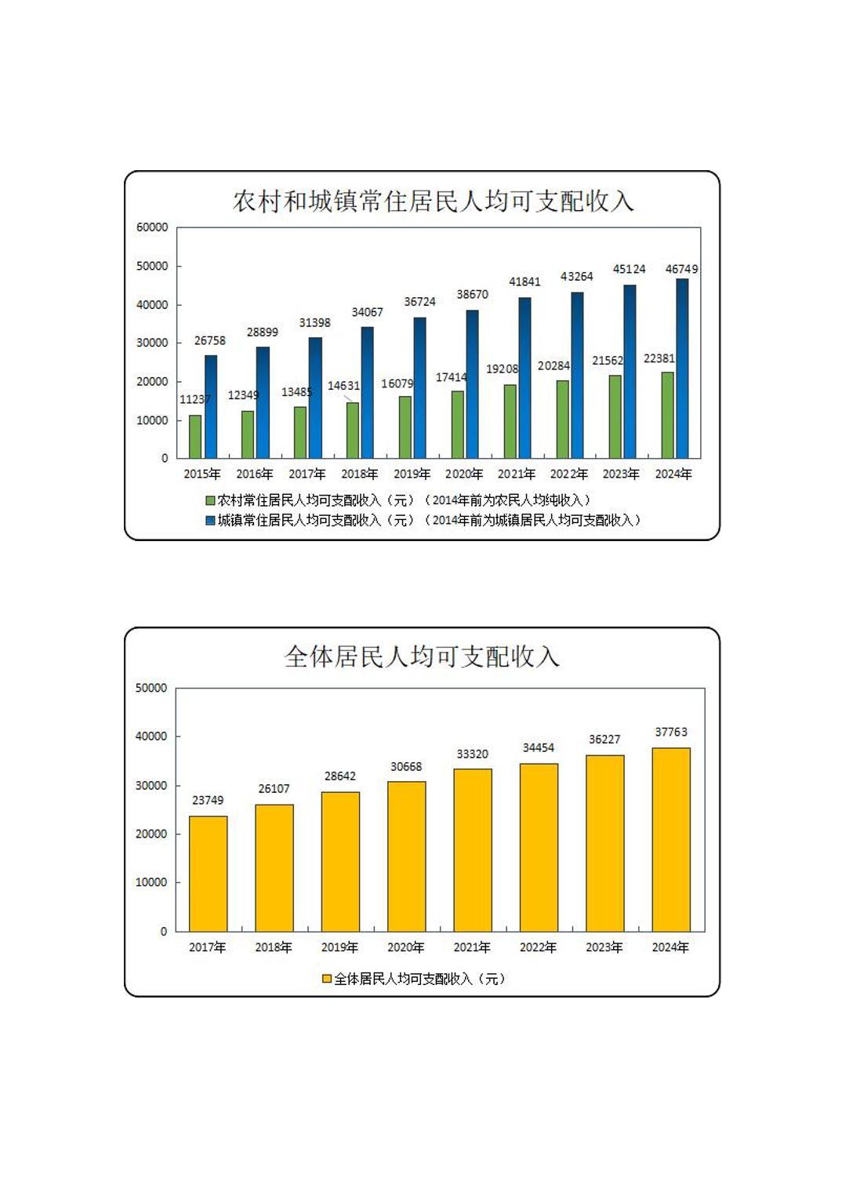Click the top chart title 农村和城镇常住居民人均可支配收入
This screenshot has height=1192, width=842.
tap(433, 202)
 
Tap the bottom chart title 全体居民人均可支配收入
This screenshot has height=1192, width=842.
tap(422, 656)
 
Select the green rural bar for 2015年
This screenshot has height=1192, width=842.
tap(195, 437)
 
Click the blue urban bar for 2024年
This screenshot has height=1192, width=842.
tap(682, 369)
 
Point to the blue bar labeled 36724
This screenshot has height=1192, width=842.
tap(420, 387)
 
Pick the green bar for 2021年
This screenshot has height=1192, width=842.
tap(510, 421)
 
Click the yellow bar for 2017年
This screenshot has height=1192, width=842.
tap(208, 874)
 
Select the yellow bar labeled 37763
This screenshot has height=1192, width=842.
tap(671, 839)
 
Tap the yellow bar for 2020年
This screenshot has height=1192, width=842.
tap(406, 856)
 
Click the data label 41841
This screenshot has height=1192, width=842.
tap(524, 282)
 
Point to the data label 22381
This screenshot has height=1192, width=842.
tap(659, 358)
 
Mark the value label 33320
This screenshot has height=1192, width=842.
tap(472, 754)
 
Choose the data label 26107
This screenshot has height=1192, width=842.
tap(274, 789)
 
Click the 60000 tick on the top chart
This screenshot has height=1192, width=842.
tap(152, 227)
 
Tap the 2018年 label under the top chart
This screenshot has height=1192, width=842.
tap(359, 474)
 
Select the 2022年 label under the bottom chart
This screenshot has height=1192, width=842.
tap(538, 947)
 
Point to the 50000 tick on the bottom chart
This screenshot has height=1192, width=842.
tap(151, 688)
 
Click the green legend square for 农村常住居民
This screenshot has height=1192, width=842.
tap(210, 500)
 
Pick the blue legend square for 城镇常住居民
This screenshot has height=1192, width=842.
tap(210, 520)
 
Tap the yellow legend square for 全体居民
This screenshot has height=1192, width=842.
tap(327, 979)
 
